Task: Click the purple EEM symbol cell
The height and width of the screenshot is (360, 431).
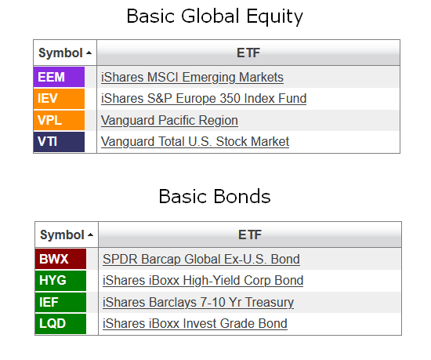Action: [x=59, y=77]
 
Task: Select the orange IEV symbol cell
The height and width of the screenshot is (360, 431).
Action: [x=59, y=99]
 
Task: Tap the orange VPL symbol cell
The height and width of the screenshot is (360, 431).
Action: [x=59, y=120]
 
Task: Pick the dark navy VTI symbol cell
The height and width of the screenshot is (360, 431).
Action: [x=59, y=142]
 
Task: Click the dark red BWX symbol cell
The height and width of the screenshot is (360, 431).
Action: [x=61, y=259]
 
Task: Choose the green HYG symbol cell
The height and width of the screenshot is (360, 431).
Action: [x=61, y=281]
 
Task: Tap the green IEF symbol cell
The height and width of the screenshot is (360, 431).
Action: [x=61, y=302]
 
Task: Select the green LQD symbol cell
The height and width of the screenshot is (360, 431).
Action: [x=61, y=324]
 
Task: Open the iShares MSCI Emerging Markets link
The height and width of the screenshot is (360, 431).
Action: [x=192, y=78]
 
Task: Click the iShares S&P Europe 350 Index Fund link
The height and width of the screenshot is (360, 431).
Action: [x=204, y=99]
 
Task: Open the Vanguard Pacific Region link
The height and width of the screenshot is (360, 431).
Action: [x=169, y=121]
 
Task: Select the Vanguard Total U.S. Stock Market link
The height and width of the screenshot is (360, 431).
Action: [x=195, y=142]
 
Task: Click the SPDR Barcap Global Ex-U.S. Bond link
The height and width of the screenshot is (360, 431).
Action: [x=201, y=260]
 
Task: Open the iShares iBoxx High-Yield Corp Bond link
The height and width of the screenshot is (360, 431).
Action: [x=203, y=281]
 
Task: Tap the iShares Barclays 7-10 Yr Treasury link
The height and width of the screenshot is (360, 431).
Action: [x=198, y=303]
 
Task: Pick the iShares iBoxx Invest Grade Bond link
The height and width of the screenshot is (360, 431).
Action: [x=195, y=324]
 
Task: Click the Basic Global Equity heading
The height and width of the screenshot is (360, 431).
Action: [x=215, y=16]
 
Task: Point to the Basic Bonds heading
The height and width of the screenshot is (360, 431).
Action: [x=215, y=196]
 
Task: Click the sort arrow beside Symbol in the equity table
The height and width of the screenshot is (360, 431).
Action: [x=89, y=53]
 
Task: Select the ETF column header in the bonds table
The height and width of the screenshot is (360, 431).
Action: [x=250, y=235]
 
